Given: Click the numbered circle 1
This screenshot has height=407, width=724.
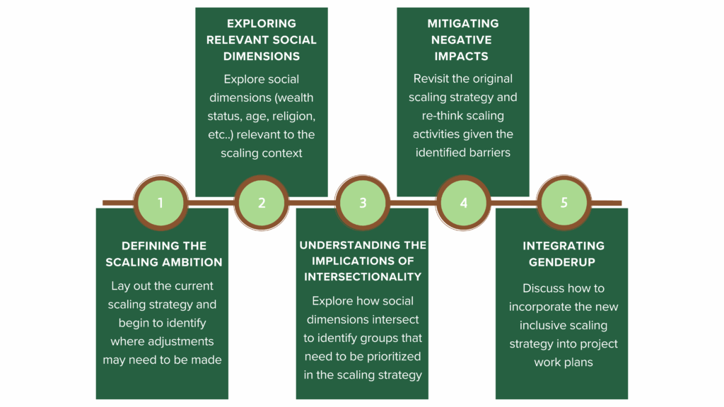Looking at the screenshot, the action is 160,203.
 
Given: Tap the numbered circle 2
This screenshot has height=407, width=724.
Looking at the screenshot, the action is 262,203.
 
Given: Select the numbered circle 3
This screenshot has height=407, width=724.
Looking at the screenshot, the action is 363,203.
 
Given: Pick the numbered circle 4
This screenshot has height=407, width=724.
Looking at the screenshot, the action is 463,203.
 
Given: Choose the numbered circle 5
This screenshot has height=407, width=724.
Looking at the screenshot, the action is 564,203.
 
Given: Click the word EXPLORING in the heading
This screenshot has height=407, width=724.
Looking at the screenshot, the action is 262,23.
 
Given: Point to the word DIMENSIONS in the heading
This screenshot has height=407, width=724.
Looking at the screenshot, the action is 262,57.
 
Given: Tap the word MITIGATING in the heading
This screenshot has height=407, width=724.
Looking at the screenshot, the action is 462,23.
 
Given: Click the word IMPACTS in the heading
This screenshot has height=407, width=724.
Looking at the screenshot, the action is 461,57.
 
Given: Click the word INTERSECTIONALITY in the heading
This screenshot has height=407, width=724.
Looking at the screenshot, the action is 363,277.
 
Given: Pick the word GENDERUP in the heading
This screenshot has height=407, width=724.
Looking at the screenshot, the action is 562,262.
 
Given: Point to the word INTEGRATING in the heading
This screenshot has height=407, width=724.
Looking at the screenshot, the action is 564,246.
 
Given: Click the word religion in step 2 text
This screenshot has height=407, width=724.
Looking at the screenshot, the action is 293,117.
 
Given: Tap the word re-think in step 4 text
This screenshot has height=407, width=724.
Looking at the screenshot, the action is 443,116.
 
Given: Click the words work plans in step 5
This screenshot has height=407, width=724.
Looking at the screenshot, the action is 564,362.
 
